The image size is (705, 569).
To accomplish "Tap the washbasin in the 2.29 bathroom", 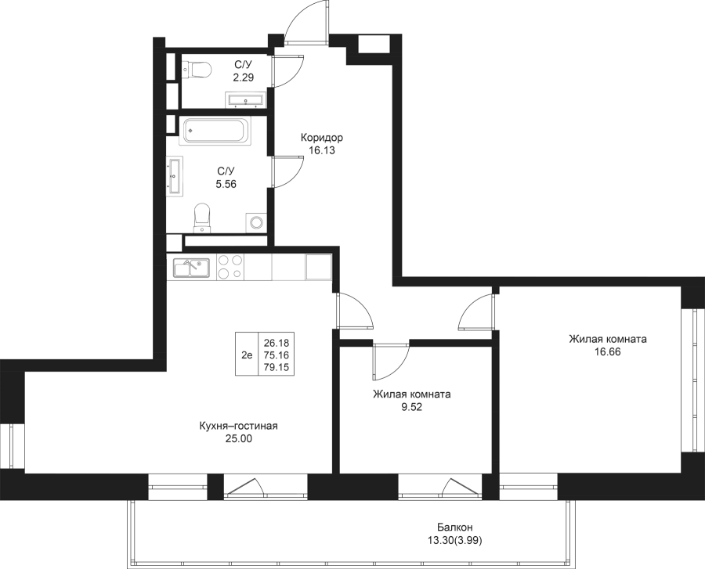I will click(x=245, y=99).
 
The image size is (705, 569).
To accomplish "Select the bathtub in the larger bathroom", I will click(x=215, y=131).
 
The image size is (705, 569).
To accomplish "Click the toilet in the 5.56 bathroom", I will click(x=202, y=218).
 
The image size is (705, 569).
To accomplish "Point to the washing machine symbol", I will click(x=255, y=222).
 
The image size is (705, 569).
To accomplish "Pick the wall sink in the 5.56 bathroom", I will click(x=175, y=174).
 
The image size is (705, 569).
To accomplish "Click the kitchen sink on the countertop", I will click(x=189, y=267).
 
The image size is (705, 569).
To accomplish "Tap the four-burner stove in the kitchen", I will click(x=230, y=267).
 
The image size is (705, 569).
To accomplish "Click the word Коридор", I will click(x=322, y=137).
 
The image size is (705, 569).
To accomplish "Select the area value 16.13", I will click(x=322, y=151).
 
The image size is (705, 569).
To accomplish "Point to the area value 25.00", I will click(x=239, y=439).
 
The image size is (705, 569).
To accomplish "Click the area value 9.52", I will click(x=411, y=408).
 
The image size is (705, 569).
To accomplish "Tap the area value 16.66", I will click(x=607, y=353).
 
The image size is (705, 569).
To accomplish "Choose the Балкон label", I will click(x=455, y=528).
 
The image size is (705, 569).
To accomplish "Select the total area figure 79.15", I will click(x=274, y=366).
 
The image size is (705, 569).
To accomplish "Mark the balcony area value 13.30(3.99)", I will click(x=454, y=541).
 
